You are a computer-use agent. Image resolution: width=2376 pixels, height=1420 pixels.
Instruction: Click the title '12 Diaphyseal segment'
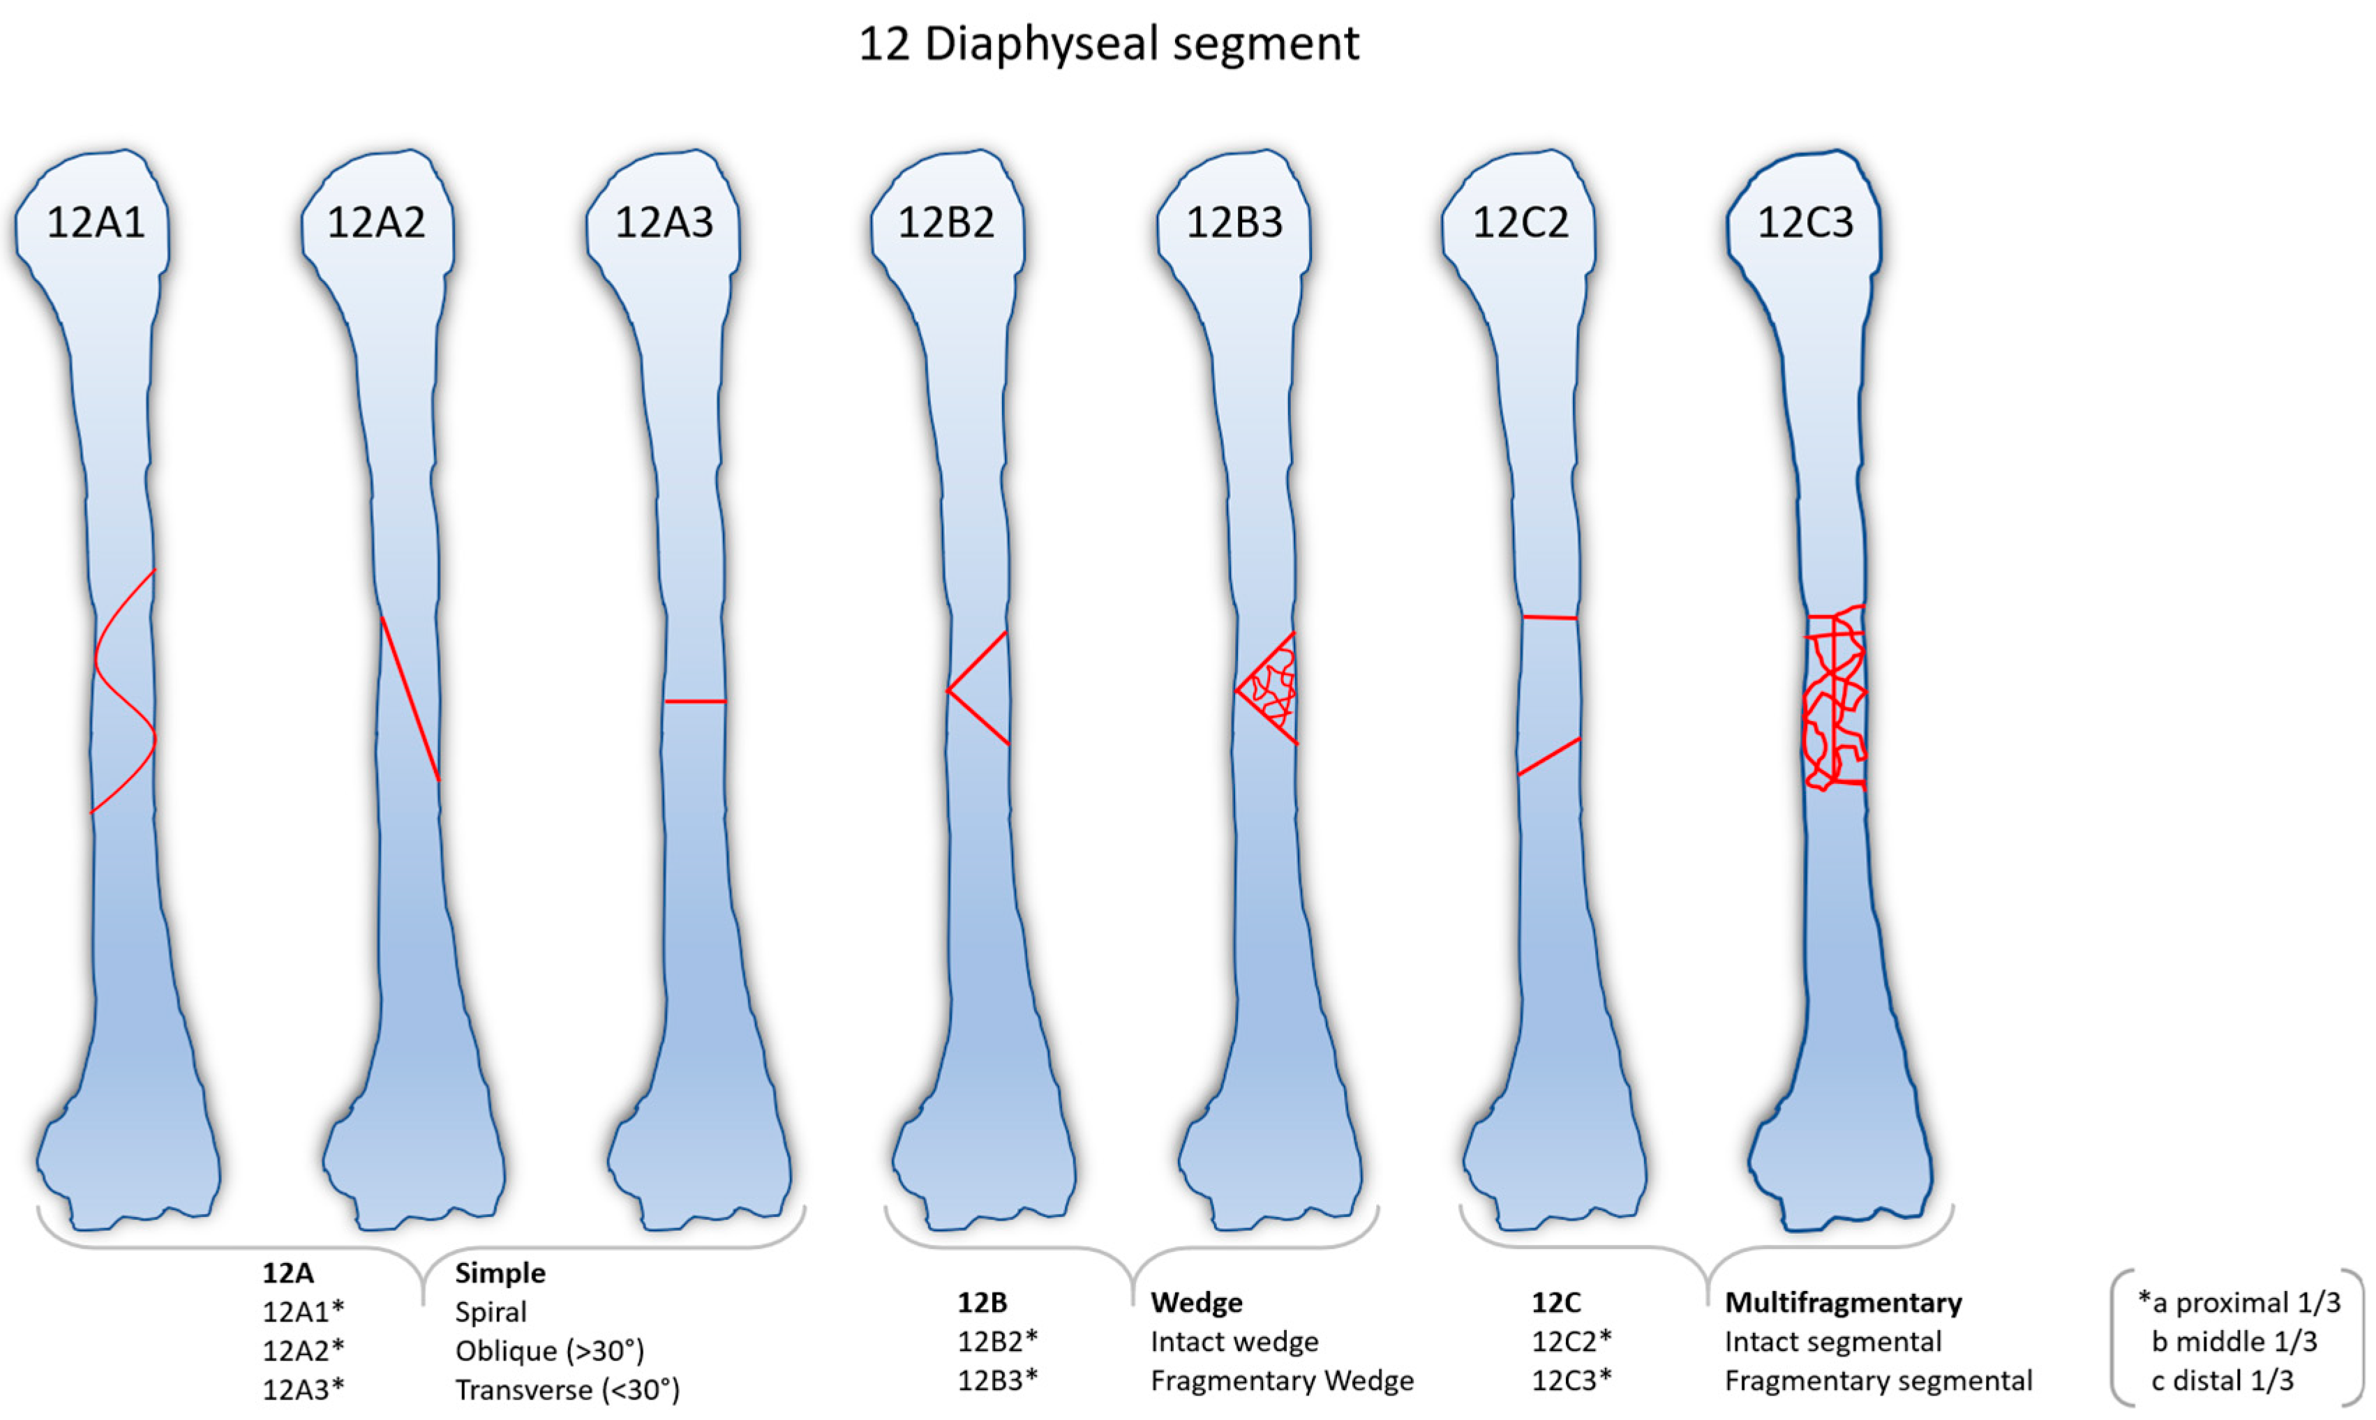(x=1109, y=44)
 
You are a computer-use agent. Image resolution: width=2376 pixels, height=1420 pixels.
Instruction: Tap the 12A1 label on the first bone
(x=96, y=223)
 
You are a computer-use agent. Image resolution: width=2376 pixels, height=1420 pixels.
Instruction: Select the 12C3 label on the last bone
(x=1805, y=223)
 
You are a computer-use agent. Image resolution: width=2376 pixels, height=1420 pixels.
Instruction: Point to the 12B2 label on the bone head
(x=946, y=223)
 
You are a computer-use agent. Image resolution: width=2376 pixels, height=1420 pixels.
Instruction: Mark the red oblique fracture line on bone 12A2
(x=410, y=699)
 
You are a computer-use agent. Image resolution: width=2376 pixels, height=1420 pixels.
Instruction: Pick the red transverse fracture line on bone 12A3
(x=695, y=702)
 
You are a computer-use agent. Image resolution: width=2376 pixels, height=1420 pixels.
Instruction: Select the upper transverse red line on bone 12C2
(x=1549, y=617)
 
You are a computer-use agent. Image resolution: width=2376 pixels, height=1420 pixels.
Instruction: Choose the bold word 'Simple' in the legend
(x=500, y=1273)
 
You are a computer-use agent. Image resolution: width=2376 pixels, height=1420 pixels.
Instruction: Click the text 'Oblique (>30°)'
(x=549, y=1350)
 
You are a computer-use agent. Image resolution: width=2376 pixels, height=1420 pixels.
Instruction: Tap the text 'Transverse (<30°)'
(x=567, y=1389)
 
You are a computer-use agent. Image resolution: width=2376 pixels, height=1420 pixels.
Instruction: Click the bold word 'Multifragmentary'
(x=1843, y=1302)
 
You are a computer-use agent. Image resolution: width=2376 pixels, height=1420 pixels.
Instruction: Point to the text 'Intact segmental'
(x=1832, y=1341)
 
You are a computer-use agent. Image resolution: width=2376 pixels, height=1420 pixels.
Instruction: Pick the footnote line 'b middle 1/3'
(x=2234, y=1341)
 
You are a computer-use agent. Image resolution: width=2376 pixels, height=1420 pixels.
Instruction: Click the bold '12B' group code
(x=982, y=1302)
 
